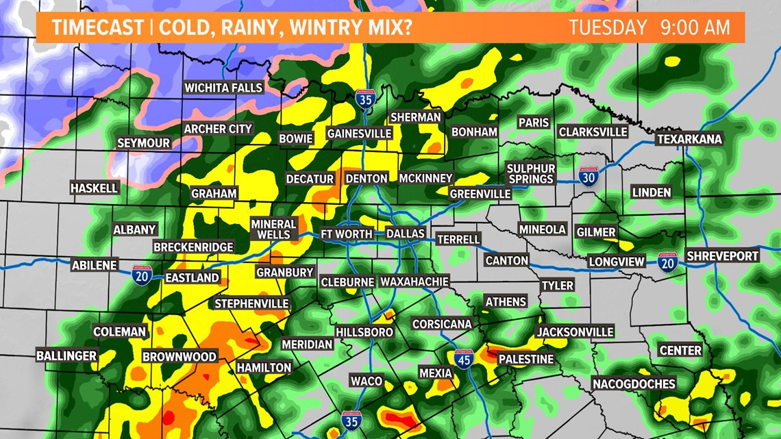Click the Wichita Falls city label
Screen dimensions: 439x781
tap(223, 88)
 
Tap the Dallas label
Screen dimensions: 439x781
tap(406, 234)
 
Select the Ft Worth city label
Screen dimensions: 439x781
tap(347, 234)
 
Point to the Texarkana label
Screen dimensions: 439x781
tap(689, 139)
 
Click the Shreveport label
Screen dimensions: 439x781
tap(723, 255)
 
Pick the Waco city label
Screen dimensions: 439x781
tap(367, 381)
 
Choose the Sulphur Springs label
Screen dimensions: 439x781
tap(530, 173)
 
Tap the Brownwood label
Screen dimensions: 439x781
tap(179, 357)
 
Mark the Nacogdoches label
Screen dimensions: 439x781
tap(634, 384)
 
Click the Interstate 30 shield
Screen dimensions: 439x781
tap(588, 177)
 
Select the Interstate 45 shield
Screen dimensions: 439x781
tap(464, 358)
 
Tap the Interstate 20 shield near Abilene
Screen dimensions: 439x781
tap(142, 275)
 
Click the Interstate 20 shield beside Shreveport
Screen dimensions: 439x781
tap(667, 262)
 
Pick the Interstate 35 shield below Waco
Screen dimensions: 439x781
tap(351, 421)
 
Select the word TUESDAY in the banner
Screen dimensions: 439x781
tap(608, 28)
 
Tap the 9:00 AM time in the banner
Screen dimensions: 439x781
tap(695, 28)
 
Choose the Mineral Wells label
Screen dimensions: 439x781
tap(273, 229)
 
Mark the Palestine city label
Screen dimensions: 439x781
tap(525, 359)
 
